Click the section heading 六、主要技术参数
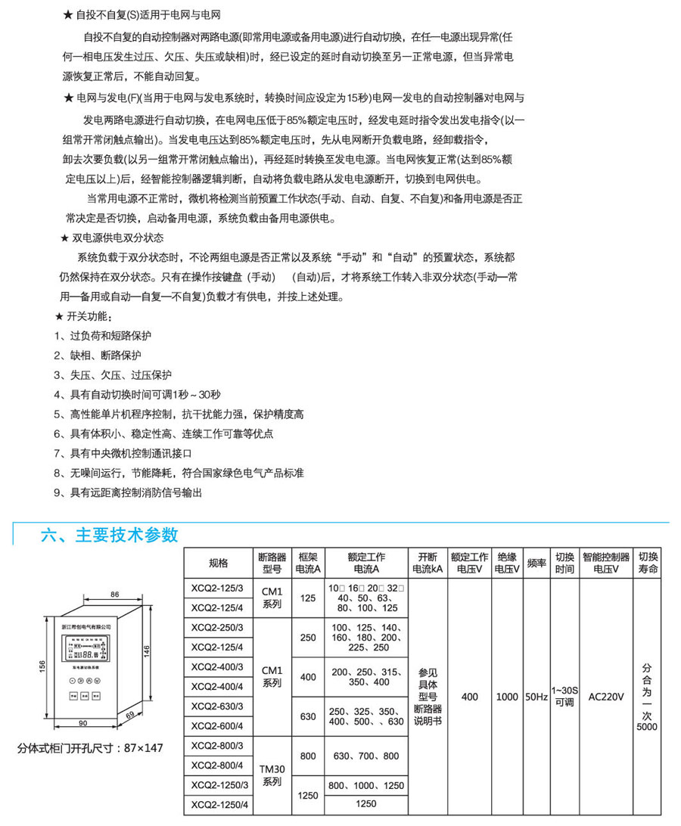tap(110, 535)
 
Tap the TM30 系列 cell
tap(272, 775)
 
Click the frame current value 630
tap(308, 716)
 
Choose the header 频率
tap(536, 564)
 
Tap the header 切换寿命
tap(648, 564)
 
